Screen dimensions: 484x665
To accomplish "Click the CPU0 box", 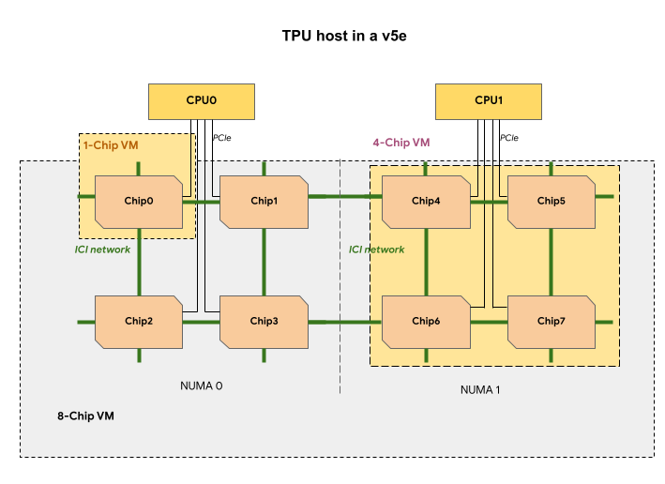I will point(202,100).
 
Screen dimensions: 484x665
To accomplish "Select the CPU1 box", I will point(489,100).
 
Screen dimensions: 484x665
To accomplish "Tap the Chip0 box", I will point(138,201).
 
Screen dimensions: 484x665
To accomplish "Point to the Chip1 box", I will point(264,201).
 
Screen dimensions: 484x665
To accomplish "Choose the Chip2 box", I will point(138,321).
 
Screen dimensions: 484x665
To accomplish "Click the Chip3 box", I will point(264,321).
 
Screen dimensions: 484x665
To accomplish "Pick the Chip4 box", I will point(426,201).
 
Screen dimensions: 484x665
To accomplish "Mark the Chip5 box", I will point(551,201).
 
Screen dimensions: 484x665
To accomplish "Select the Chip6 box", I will point(426,321).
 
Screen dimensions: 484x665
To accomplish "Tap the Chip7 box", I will point(551,321).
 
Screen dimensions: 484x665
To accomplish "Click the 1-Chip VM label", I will point(111,145).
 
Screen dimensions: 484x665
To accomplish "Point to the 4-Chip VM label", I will point(401,144).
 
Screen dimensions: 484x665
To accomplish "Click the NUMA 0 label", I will point(201,386).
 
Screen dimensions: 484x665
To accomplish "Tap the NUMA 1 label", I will point(480,389).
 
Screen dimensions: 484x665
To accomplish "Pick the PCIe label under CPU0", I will point(222,138).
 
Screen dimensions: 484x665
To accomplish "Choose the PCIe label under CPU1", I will point(509,138).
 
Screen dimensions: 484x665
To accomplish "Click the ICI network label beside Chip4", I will point(377,250).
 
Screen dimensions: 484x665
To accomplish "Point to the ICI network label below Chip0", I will point(102,250).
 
